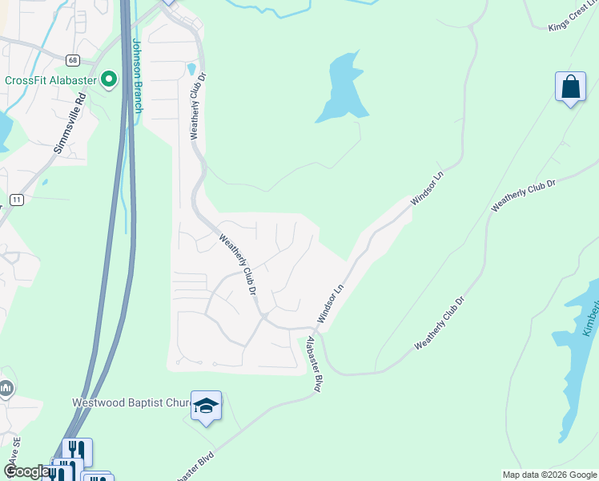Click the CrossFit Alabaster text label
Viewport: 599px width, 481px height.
(x=50, y=79)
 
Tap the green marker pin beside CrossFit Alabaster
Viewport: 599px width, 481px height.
(x=108, y=79)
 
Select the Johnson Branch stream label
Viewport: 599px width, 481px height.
(x=136, y=75)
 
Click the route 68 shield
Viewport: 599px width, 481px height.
(x=73, y=60)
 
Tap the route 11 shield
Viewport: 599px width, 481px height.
(x=16, y=199)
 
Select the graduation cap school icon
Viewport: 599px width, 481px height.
(x=206, y=406)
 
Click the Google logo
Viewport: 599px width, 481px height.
(x=27, y=471)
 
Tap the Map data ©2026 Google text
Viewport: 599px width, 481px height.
(x=549, y=475)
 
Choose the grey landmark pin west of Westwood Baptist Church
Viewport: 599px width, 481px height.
(x=6, y=389)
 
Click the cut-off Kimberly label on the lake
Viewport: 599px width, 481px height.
(x=590, y=320)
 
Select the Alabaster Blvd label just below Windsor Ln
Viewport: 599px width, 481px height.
(x=314, y=365)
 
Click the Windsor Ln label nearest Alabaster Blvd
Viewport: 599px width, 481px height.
(x=330, y=304)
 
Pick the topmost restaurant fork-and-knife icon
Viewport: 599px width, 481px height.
(x=77, y=451)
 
